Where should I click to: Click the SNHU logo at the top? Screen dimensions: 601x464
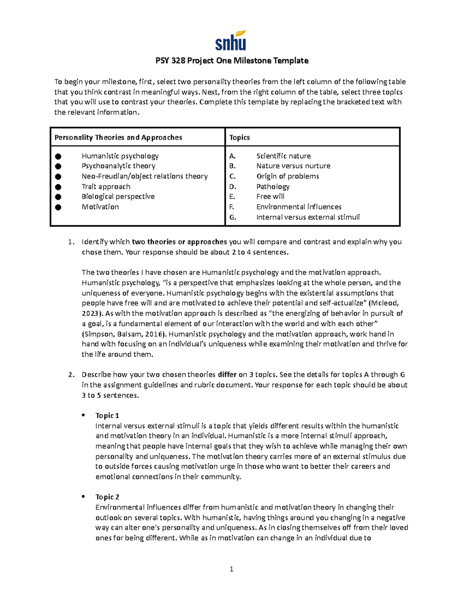point(230,40)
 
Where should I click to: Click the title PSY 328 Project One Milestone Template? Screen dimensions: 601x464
point(232,61)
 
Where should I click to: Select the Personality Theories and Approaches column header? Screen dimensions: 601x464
point(118,137)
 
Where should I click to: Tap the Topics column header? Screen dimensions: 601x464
point(239,137)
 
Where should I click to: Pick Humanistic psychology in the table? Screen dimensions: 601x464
point(120,156)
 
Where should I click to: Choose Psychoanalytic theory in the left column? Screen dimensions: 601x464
point(118,166)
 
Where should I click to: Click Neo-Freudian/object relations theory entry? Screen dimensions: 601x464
point(145,176)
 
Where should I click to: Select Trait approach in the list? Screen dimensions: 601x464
point(106,187)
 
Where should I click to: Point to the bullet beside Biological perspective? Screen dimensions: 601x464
point(58,197)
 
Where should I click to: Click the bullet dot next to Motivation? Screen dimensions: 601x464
point(58,207)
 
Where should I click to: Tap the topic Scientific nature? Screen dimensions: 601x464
point(283,156)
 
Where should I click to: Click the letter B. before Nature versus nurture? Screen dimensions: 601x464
point(232,166)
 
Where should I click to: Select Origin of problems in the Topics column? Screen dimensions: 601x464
point(288,176)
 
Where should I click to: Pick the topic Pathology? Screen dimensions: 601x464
point(273,187)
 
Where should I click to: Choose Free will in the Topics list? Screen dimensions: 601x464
point(270,197)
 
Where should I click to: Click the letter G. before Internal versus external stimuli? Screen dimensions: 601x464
point(232,217)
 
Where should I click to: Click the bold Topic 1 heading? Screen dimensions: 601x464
point(107,416)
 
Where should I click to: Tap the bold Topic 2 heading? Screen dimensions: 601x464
point(107,497)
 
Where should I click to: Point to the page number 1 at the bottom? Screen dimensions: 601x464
point(231,569)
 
